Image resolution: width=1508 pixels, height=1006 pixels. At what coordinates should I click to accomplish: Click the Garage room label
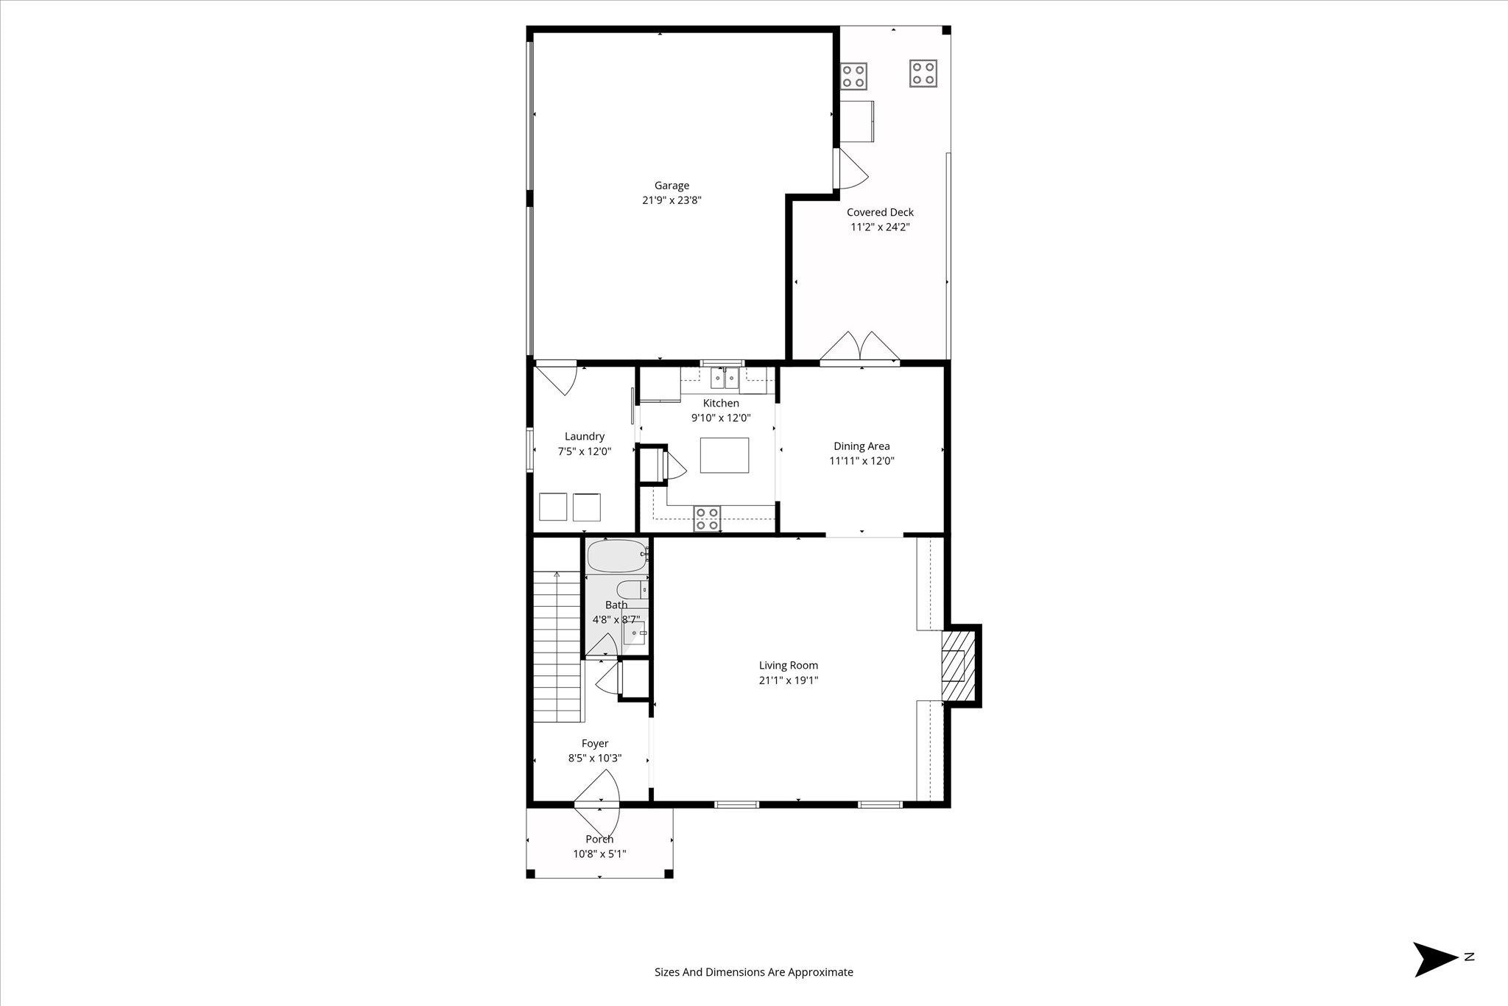672,186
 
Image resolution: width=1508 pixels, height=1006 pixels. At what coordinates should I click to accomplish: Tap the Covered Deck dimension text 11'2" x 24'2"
880,227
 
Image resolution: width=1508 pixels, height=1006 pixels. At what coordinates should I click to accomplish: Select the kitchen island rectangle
725,455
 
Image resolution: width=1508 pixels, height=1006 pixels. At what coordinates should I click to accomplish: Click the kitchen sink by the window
725,378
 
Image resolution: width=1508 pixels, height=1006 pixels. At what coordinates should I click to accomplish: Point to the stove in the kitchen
708,518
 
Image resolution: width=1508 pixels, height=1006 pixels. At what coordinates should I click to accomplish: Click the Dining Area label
862,446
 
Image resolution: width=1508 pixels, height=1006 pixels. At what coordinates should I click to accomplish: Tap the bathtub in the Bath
618,556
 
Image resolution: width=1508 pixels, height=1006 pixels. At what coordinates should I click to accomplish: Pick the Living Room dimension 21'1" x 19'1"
789,680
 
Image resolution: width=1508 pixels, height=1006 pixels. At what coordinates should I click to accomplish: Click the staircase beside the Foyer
558,647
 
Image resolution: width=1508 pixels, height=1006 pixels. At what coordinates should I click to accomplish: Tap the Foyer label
595,744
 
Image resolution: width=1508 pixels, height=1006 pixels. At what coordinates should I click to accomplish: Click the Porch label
599,840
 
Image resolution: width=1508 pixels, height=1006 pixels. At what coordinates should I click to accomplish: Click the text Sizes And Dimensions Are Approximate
754,972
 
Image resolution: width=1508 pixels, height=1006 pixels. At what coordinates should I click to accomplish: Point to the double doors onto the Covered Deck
860,348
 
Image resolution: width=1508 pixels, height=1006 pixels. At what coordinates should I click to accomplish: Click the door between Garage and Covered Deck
851,169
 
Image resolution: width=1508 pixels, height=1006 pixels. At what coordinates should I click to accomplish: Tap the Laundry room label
585,437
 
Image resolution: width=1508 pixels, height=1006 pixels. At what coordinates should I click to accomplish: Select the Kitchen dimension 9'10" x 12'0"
721,418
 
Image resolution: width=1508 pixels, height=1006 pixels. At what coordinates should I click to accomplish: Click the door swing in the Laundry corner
556,378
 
